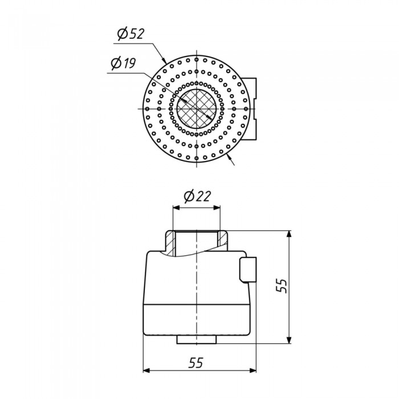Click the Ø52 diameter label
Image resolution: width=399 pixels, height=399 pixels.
(x=131, y=34)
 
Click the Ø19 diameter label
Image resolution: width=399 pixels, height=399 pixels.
(x=124, y=63)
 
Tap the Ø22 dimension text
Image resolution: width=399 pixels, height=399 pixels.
(x=197, y=196)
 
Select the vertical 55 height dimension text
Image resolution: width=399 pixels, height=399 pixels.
(x=282, y=286)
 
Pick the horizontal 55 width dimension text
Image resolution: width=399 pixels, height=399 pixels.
(x=196, y=363)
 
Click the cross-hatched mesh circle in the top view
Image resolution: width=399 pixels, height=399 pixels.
(x=197, y=109)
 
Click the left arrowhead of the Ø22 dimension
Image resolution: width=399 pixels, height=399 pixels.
(x=176, y=207)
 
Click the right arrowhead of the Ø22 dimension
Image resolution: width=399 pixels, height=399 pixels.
(x=217, y=207)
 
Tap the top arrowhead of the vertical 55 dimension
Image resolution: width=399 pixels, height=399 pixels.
(x=289, y=234)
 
